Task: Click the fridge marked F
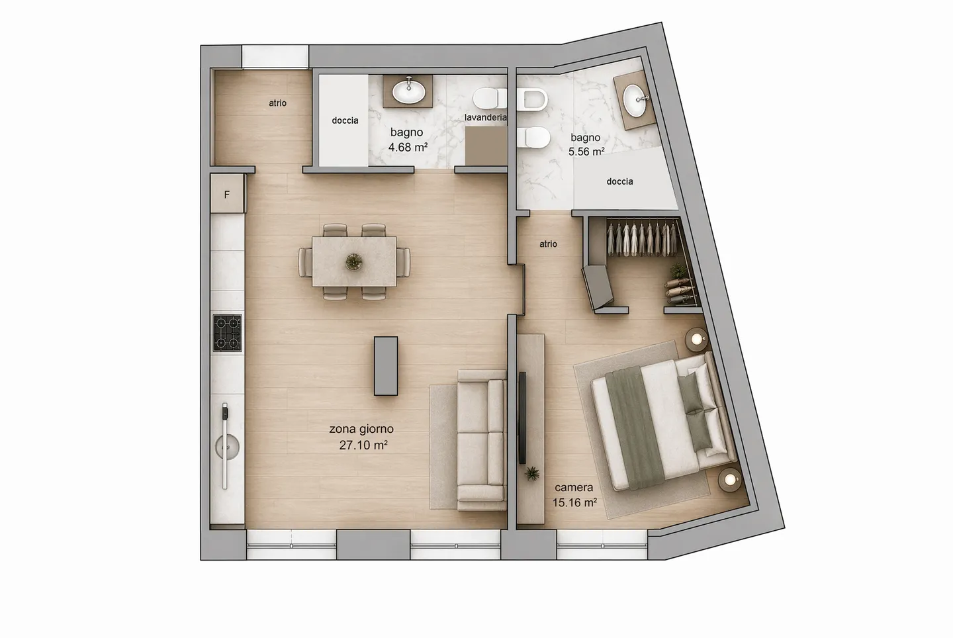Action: pyautogui.click(x=227, y=195)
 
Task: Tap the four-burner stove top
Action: pyautogui.click(x=227, y=333)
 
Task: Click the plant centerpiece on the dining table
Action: pyautogui.click(x=354, y=262)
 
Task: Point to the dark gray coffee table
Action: pyautogui.click(x=386, y=366)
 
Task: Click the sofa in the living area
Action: pyautogui.click(x=481, y=440)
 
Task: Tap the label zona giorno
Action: pyautogui.click(x=361, y=429)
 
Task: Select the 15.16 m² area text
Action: pyautogui.click(x=574, y=502)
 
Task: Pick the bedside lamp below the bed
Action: pyautogui.click(x=730, y=479)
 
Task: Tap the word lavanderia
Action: pyautogui.click(x=486, y=117)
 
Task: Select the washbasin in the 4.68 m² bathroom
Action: pyautogui.click(x=409, y=90)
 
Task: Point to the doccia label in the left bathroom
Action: pyautogui.click(x=345, y=120)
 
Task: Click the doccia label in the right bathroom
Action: pyautogui.click(x=619, y=181)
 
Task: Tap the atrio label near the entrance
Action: pyautogui.click(x=277, y=103)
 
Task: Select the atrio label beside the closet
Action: pyautogui.click(x=548, y=244)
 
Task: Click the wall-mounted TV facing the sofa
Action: pyautogui.click(x=522, y=418)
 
